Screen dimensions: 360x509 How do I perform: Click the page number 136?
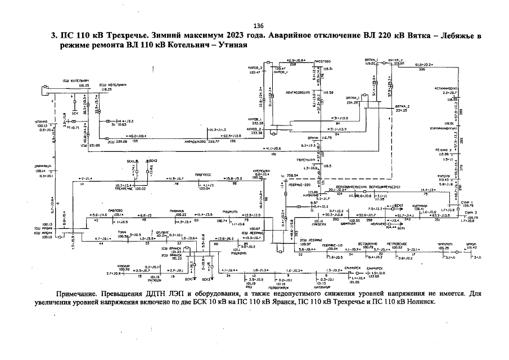tap(259, 26)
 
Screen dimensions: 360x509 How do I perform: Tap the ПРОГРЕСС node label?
tap(203, 175)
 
